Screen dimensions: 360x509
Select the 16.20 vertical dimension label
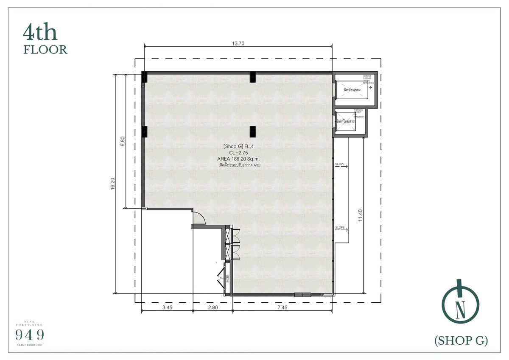[x=112, y=183]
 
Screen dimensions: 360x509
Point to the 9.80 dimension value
[x=123, y=142]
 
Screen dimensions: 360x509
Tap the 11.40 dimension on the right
[x=361, y=216]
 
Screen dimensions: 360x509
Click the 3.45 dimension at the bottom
[x=167, y=308]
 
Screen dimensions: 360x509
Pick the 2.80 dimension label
[x=213, y=308]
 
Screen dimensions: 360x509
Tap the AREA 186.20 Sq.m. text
[x=238, y=159]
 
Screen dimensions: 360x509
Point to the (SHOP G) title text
[x=461, y=340]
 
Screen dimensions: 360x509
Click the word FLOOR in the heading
[x=45, y=50]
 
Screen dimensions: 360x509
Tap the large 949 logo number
[x=30, y=335]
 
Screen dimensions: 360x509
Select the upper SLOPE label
[x=340, y=164]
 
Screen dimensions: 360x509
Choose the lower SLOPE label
[x=340, y=228]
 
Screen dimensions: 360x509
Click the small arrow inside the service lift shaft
[x=370, y=88]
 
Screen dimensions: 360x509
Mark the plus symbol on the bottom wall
[x=302, y=295]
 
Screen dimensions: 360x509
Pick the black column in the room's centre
[x=253, y=132]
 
